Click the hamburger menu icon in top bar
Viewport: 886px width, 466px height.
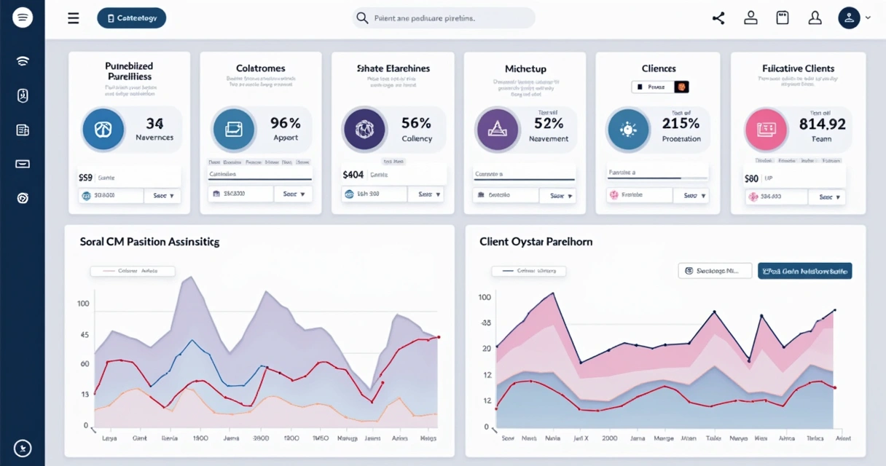[x=74, y=18]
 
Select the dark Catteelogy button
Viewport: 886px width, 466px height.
[x=131, y=18]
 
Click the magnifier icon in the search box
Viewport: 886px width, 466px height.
[x=361, y=18]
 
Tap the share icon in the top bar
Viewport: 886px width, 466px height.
[x=718, y=18]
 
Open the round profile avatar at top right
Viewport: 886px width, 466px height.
[x=849, y=18]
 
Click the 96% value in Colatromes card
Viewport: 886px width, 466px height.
[x=285, y=123]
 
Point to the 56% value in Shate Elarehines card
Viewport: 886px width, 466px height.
[x=416, y=123]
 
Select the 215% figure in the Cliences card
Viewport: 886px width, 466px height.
[x=681, y=123]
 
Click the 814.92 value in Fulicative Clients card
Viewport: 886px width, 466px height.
[x=822, y=124]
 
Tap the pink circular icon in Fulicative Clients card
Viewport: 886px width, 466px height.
[x=767, y=130]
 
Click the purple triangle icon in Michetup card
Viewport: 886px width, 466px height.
[x=497, y=130]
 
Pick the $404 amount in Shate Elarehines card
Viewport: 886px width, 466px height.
[x=353, y=175]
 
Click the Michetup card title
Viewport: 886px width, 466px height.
[x=525, y=68]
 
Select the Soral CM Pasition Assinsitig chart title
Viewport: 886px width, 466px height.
[x=149, y=241]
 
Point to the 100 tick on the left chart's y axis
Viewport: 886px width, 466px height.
[x=83, y=304]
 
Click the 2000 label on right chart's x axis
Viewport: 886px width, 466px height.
[x=609, y=439]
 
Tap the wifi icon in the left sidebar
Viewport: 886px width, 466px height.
[x=23, y=60]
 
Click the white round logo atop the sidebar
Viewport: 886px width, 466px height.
[x=23, y=18]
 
